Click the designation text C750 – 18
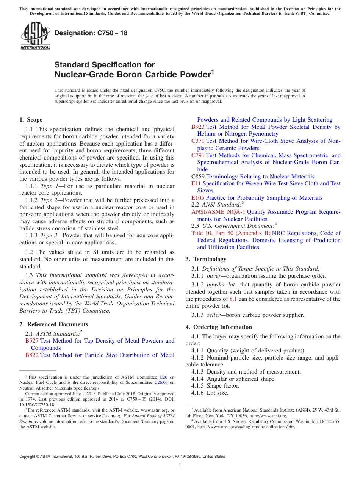pos(91,33)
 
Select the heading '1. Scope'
pos(31,120)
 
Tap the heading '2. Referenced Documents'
pos(53,324)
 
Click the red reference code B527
pos(32,341)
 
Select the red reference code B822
pos(32,355)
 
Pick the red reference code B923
pos(198,127)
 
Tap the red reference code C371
pos(198,141)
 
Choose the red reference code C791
pos(198,155)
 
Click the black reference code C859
pos(198,177)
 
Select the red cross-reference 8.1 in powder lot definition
pos(233,299)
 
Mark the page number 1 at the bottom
pos(180,466)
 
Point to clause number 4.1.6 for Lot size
pos(198,393)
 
